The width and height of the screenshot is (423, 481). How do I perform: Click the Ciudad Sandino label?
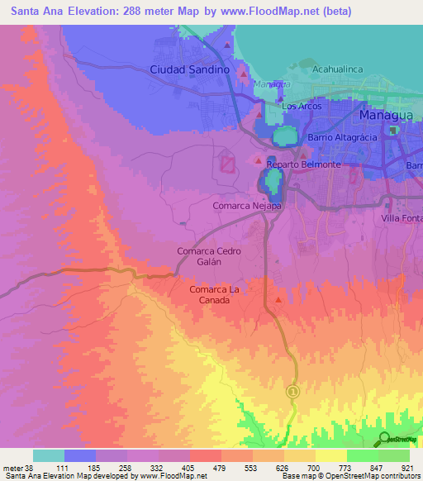click(189, 70)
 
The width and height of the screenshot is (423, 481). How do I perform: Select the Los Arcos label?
click(299, 107)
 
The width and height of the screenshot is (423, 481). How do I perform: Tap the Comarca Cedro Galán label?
click(209, 255)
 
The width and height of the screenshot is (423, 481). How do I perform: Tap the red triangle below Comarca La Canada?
click(278, 300)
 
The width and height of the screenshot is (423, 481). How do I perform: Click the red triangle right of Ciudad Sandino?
click(243, 75)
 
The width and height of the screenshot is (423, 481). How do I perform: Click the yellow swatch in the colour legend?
click(330, 455)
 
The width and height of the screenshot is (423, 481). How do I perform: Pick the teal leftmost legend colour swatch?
click(49, 455)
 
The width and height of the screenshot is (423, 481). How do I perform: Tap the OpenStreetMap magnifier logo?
click(384, 438)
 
